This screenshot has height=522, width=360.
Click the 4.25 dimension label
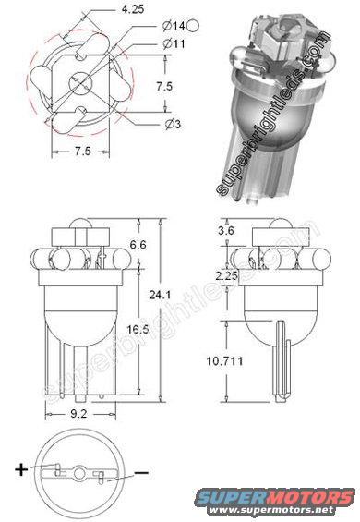click(x=133, y=9)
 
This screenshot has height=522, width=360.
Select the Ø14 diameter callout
click(x=174, y=26)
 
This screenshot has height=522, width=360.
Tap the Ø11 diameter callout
click(x=174, y=43)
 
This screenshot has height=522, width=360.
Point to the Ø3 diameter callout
click(x=173, y=124)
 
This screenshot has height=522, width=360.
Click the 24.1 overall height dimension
click(x=160, y=295)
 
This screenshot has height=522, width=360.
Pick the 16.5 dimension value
click(x=138, y=330)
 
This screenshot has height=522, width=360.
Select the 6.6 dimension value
click(x=138, y=245)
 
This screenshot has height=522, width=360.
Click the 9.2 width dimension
click(x=78, y=414)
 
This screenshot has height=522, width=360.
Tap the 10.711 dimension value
click(x=224, y=361)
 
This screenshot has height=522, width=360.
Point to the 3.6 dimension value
click(x=226, y=230)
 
